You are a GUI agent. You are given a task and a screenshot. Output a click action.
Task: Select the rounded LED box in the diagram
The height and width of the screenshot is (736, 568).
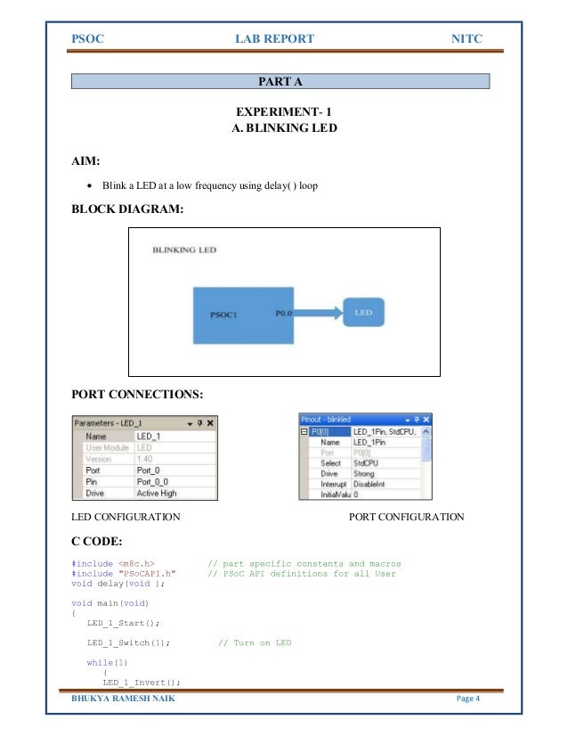point(363,313)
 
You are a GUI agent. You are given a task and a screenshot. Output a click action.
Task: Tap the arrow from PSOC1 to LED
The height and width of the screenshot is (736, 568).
point(316,313)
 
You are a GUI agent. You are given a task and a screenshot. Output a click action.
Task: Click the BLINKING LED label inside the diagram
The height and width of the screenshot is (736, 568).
point(184,250)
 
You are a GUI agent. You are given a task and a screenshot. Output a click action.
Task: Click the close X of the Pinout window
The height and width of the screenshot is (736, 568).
point(426,419)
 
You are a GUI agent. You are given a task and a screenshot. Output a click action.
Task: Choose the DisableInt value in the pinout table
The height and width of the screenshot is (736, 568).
point(372,485)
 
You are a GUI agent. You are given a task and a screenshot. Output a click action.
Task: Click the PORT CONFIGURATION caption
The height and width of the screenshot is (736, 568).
point(407,517)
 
